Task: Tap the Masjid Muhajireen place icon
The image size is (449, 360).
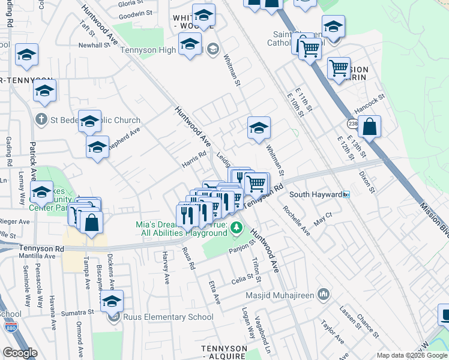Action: pos(324,294)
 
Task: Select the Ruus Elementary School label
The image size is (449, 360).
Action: pos(168,317)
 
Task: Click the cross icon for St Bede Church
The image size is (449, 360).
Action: pos(41,120)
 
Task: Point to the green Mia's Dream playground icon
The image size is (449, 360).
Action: pos(237,228)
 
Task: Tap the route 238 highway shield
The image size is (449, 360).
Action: pos(352,124)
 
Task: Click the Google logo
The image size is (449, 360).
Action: pos(20,353)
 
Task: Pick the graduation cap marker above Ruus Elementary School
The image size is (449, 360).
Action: pos(112,301)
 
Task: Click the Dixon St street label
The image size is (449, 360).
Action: pos(366,181)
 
